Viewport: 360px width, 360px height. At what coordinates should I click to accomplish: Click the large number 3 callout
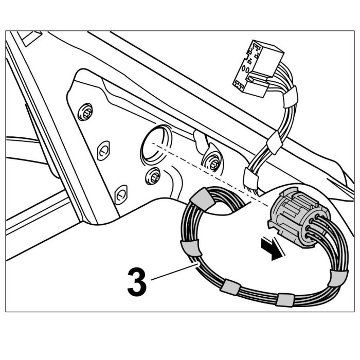pos(137,282)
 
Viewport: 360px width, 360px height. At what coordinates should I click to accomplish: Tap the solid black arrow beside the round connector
pos(272,249)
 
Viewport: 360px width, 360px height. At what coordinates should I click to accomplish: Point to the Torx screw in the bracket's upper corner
pos(85,112)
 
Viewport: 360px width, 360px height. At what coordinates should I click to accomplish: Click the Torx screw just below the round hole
pos(153,176)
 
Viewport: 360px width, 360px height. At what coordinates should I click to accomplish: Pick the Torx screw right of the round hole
pos(212,163)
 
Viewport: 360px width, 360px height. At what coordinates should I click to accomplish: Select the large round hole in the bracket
pos(156,144)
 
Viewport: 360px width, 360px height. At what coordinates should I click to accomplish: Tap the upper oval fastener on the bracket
pos(103,150)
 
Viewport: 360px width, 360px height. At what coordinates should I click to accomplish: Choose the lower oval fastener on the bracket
pos(121,194)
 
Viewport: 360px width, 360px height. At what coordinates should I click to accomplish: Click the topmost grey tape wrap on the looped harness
pos(203,199)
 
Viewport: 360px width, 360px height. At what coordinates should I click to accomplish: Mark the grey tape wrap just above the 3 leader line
pos(191,248)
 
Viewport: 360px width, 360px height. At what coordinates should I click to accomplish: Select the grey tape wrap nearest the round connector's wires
pos(338,278)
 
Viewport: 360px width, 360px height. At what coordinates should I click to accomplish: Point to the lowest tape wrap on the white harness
pos(251,176)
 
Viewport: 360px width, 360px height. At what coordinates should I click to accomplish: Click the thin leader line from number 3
pos(174,273)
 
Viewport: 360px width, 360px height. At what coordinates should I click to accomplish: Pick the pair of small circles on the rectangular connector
pos(245,69)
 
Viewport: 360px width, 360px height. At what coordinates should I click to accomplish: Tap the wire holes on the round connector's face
pos(313,226)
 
